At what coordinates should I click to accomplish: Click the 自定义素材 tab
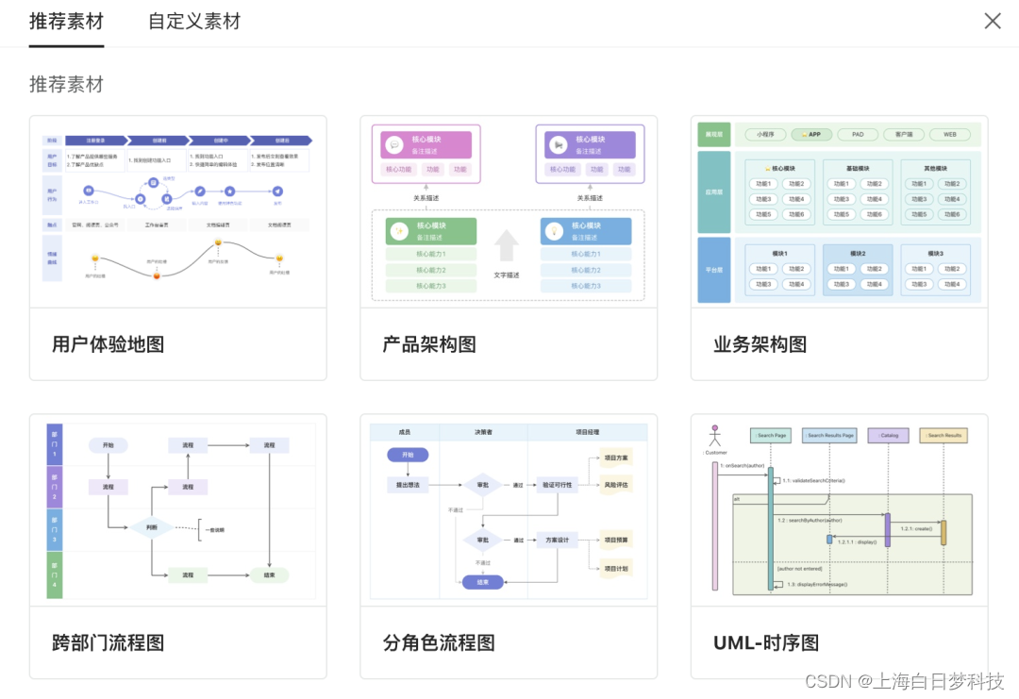[x=194, y=22]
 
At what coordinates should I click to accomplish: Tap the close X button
[x=993, y=21]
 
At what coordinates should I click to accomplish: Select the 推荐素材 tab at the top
[x=66, y=22]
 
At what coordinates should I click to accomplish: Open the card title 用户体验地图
[x=109, y=344]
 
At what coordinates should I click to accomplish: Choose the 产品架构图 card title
[x=429, y=344]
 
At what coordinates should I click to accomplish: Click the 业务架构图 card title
[x=760, y=344]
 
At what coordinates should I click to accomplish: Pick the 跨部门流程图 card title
[x=109, y=642]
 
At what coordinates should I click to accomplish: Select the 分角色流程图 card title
[x=439, y=642]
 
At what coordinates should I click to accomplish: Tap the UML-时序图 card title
[x=766, y=642]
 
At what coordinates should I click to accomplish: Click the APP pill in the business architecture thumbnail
[x=811, y=135]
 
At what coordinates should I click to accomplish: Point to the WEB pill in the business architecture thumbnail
[x=949, y=135]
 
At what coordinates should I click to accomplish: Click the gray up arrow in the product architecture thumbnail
[x=507, y=245]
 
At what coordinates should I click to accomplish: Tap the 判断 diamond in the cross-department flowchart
[x=152, y=527]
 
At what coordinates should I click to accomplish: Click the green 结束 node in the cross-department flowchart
[x=269, y=574]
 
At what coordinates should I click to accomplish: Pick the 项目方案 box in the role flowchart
[x=615, y=458]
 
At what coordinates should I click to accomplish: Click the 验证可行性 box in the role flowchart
[x=557, y=485]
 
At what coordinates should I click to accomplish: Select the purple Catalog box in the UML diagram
[x=888, y=436]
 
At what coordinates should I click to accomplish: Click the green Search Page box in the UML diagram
[x=770, y=436]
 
